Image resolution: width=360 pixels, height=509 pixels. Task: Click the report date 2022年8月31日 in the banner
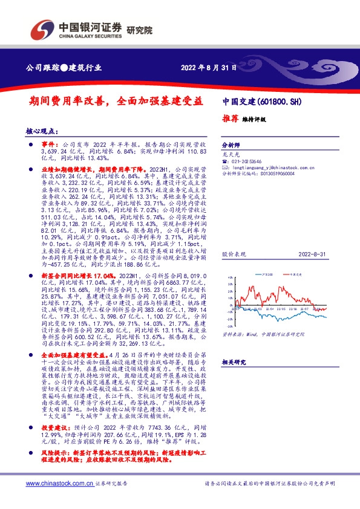click(208, 68)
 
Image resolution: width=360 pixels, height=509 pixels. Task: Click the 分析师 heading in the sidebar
click(231, 146)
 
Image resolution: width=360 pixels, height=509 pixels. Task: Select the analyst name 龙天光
click(229, 155)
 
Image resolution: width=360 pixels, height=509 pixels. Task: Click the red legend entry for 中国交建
click(295, 274)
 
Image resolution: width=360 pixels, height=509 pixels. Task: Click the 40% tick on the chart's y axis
click(231, 278)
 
